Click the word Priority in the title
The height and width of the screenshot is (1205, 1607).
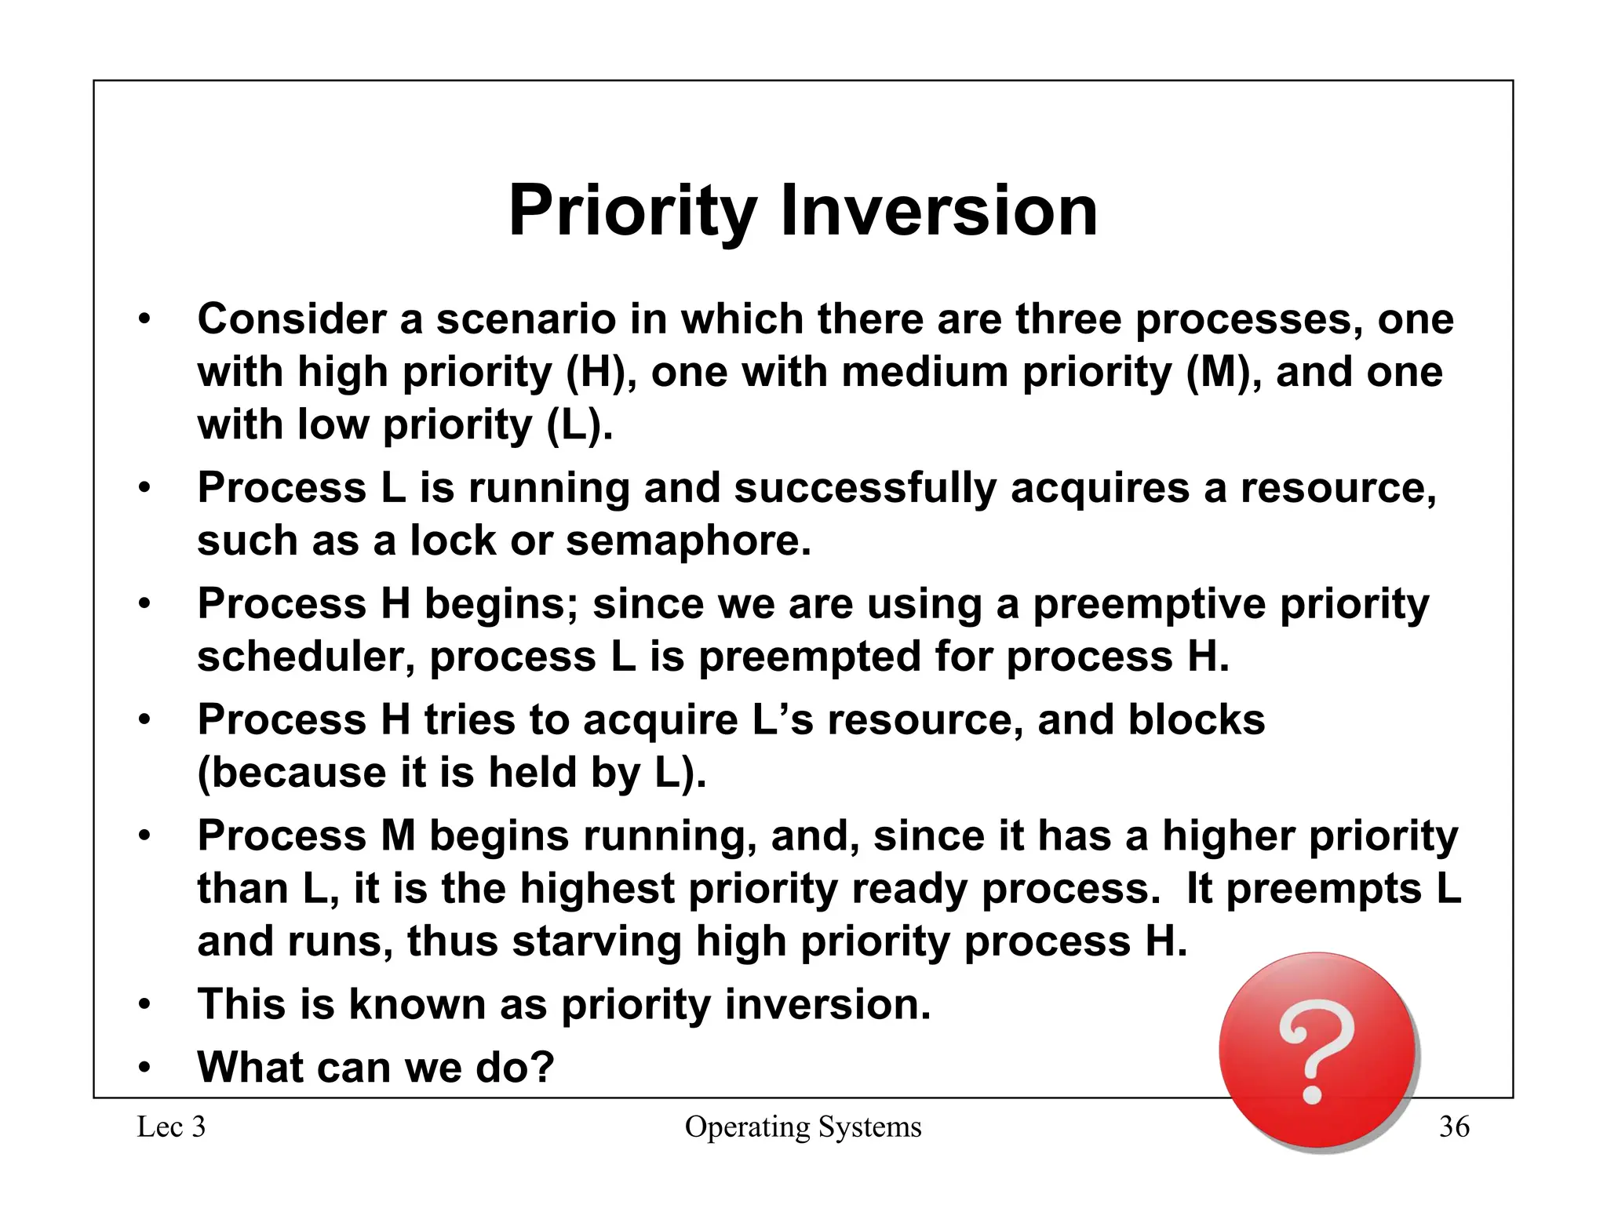(x=632, y=212)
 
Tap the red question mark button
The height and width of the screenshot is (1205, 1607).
(x=1317, y=1051)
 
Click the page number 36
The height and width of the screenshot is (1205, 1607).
(x=1453, y=1127)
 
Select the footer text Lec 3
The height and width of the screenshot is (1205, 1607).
(x=171, y=1127)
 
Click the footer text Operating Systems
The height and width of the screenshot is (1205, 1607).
(x=803, y=1127)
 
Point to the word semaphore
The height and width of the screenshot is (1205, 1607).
(x=687, y=541)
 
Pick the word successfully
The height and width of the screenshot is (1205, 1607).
(x=865, y=488)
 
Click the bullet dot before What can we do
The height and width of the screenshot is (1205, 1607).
(x=144, y=1068)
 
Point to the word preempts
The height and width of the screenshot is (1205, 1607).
(x=1323, y=889)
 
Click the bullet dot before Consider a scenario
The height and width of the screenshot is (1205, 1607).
(x=144, y=320)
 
